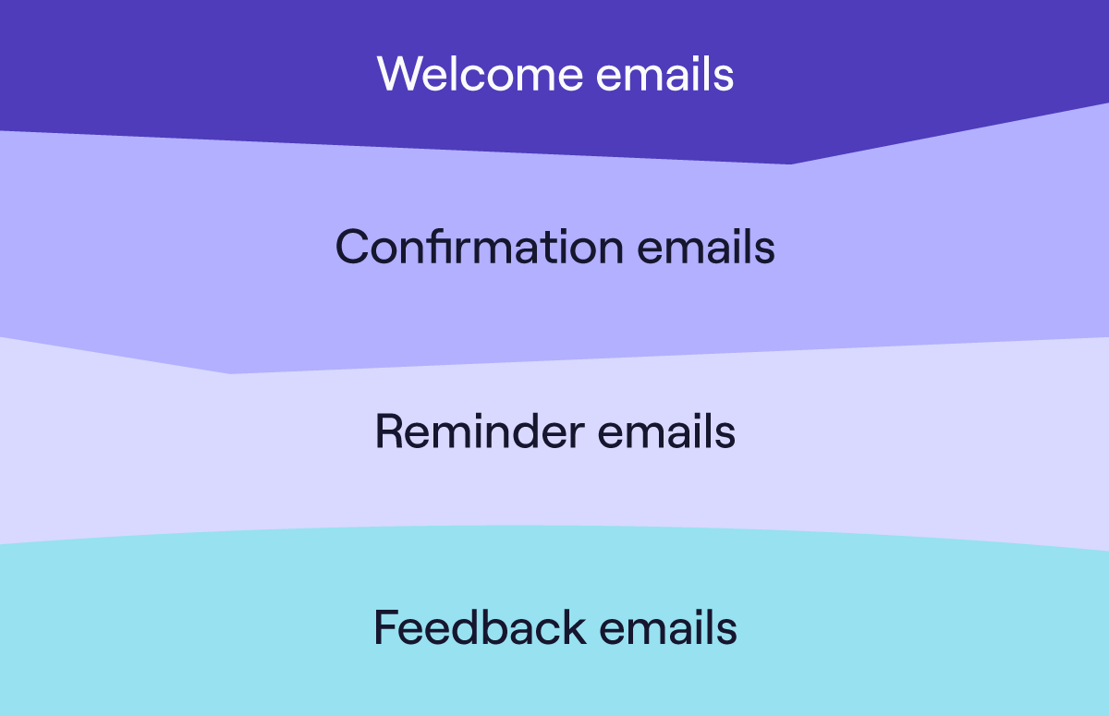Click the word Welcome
tap(480, 73)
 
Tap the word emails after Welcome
tap(664, 73)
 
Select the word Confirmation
tap(480, 247)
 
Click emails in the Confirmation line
tap(705, 247)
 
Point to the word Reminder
tap(480, 431)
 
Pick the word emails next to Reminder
tap(666, 431)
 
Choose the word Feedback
tap(480, 627)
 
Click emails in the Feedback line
tap(668, 627)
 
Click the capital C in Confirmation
tap(352, 247)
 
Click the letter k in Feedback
tap(574, 627)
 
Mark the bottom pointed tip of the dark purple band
tap(790, 164)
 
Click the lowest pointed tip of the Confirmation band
tap(230, 373)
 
